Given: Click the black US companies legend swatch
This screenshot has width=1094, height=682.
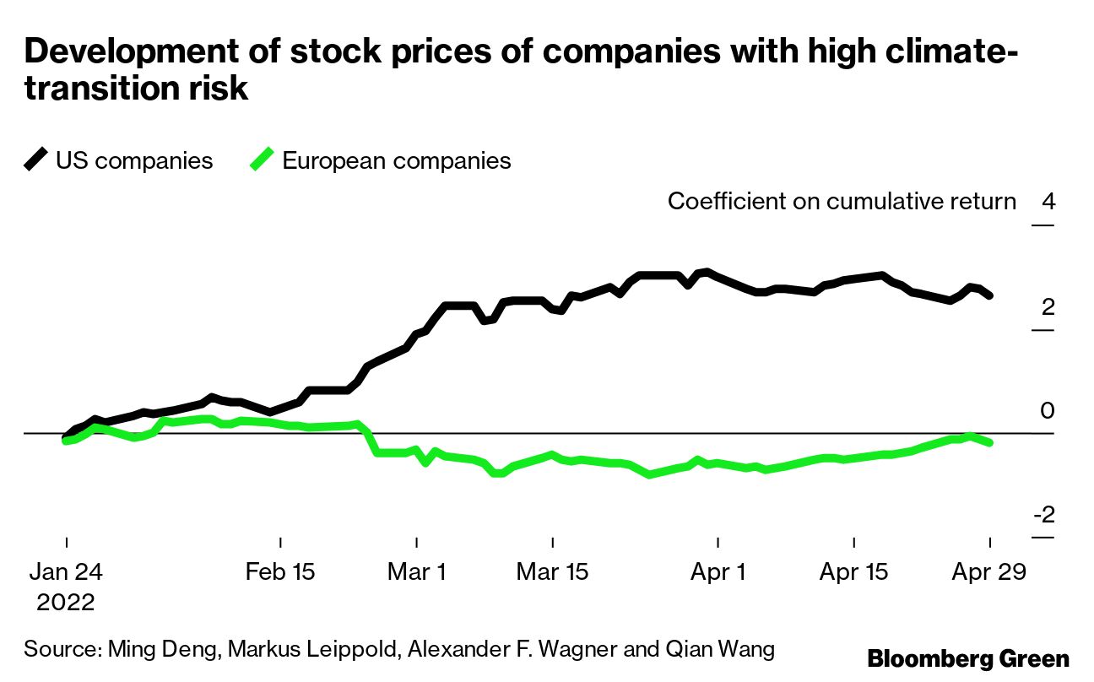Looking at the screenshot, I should click(x=35, y=160).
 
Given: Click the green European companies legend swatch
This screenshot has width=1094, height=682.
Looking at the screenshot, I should click(x=262, y=160).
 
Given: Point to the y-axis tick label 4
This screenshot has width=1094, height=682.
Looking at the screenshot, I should click(x=1048, y=203).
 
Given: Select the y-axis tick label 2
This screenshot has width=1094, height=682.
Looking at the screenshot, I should click(x=1048, y=306).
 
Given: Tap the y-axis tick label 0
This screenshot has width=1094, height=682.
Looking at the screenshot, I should click(x=1048, y=411).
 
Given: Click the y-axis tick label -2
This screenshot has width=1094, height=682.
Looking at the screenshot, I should click(x=1043, y=515).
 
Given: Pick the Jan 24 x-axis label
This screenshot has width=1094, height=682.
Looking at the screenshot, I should click(x=66, y=572).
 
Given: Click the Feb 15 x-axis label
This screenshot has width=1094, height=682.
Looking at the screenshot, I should click(x=279, y=572).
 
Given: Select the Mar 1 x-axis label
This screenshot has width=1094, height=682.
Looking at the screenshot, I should click(x=417, y=572).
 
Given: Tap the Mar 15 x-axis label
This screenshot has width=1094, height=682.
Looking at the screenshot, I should click(x=552, y=572).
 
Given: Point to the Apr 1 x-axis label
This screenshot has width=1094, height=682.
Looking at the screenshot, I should click(x=718, y=572).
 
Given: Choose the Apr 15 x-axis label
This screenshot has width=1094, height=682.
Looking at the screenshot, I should click(x=853, y=572).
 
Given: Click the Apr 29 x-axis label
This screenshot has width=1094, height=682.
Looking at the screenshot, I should click(x=988, y=572).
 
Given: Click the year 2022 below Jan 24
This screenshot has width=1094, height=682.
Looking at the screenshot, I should click(x=66, y=603).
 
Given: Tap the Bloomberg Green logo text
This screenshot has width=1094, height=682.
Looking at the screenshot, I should click(x=968, y=658).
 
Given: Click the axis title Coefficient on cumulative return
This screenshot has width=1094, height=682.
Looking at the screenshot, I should click(x=842, y=202).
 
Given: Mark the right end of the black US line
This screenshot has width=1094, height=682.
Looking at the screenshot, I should click(x=990, y=295).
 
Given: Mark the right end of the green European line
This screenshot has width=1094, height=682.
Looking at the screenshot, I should click(x=990, y=442).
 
